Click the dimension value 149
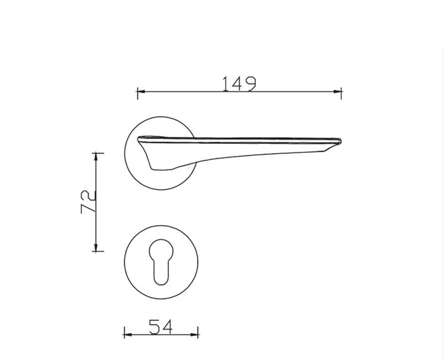coord(239,83)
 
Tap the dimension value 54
coord(161,327)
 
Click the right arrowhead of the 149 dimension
coord(338,90)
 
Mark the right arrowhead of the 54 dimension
coord(195,334)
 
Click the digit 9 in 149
coord(251,83)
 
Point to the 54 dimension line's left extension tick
coord(124,334)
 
